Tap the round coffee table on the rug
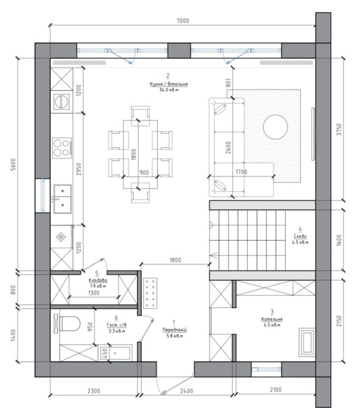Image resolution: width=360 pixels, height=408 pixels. click(275, 127)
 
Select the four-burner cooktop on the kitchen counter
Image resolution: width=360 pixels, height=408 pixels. click(62, 148)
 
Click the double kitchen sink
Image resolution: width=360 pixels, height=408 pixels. click(63, 199)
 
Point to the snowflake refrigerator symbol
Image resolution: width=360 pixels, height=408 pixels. click(61, 237)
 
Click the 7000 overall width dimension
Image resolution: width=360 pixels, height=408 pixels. click(183, 21)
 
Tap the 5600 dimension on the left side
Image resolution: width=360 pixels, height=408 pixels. click(13, 164)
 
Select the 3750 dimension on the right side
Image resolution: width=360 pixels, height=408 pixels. click(339, 129)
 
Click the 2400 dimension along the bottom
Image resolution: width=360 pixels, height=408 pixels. click(186, 391)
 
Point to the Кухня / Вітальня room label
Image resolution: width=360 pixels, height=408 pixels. click(168, 84)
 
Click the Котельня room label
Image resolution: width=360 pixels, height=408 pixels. click(272, 319)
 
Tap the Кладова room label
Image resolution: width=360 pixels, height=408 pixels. click(97, 280)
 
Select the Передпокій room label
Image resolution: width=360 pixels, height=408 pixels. click(175, 329)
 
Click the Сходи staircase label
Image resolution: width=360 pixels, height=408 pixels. click(300, 236)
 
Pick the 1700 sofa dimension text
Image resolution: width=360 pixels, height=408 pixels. click(241, 172)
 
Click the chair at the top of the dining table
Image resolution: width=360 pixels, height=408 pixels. click(140, 116)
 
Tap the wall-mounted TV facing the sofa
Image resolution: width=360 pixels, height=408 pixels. click(313, 134)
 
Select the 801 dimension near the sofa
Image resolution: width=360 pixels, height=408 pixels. click(228, 83)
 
